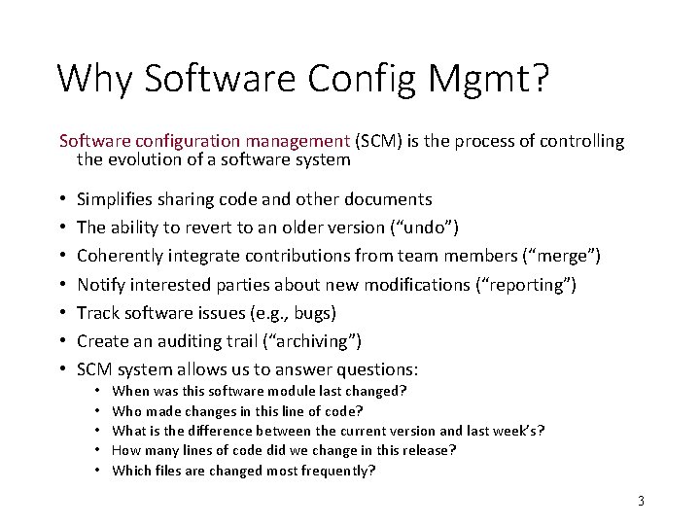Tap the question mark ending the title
540,78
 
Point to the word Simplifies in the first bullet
116,199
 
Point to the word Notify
101,285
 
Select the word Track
98,313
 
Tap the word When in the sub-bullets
130,390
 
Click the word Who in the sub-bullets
126,409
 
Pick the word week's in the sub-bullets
513,430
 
